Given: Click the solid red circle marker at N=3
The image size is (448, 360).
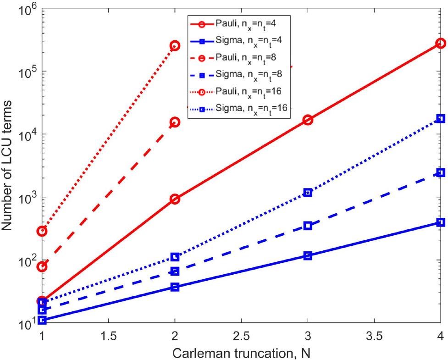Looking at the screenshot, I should click(308, 120).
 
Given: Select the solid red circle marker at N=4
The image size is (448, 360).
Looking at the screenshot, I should click(441, 43).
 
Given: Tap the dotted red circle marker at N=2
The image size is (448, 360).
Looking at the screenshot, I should click(175, 45).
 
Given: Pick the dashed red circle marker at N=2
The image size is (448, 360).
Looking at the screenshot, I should click(175, 122).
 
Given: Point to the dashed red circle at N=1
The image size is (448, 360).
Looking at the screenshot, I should click(42, 266).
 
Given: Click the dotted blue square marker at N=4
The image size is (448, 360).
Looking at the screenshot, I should click(441, 118).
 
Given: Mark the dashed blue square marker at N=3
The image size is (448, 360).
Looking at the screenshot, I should click(308, 226).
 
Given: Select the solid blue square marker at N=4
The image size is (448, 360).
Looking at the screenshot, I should click(441, 222).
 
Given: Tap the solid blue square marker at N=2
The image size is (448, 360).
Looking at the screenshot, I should click(175, 287).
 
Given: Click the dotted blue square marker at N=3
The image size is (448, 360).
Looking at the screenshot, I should click(308, 193).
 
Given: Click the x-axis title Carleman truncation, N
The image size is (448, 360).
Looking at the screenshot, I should click(241, 352).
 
